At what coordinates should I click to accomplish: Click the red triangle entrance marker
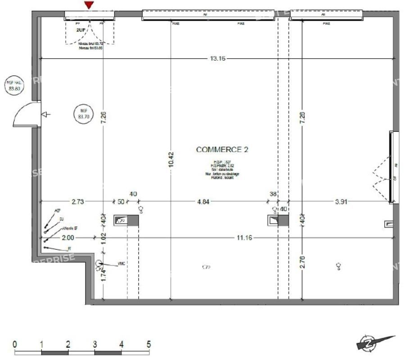tap(90, 5)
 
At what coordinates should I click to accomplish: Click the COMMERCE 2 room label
tap(222, 149)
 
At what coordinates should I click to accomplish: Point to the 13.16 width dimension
tap(217, 58)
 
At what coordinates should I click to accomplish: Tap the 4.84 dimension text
tap(203, 202)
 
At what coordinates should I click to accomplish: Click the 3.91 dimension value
tap(341, 202)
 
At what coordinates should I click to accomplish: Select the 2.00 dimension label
tap(68, 238)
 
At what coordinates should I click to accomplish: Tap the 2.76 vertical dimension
tap(302, 263)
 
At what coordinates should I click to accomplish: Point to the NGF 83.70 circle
tap(83, 114)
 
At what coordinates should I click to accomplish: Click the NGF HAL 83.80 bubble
tap(13, 85)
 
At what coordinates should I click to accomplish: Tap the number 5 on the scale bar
tap(149, 345)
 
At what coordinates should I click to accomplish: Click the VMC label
tap(121, 264)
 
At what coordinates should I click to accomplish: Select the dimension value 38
tap(273, 194)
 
